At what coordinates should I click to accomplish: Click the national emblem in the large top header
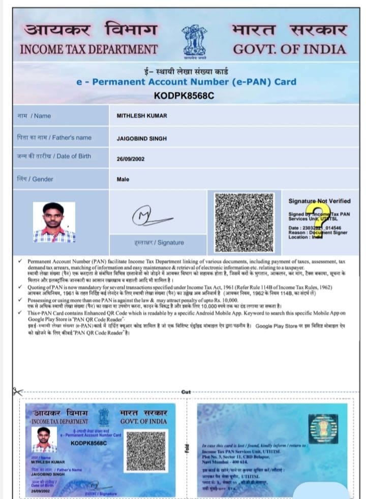click(x=195, y=40)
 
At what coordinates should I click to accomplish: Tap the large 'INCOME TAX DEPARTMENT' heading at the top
click(x=88, y=50)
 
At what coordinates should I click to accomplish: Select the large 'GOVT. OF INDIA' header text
click(x=289, y=50)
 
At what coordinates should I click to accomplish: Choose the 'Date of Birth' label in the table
click(x=54, y=156)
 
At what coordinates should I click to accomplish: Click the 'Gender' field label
click(x=35, y=179)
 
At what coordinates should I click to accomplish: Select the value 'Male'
click(x=123, y=179)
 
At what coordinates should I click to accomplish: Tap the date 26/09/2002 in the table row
click(x=131, y=159)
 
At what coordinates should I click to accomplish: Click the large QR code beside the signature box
click(x=245, y=222)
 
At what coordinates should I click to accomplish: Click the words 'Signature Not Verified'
click(x=319, y=201)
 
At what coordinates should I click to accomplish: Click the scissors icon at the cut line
click(x=18, y=392)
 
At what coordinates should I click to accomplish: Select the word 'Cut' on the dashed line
click(x=186, y=392)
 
